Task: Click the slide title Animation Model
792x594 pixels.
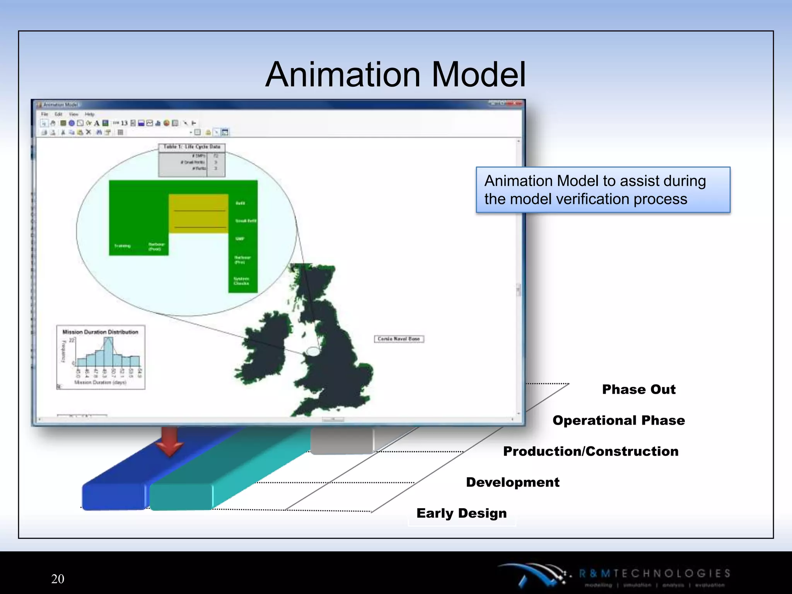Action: (x=395, y=74)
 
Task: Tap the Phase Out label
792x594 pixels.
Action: (x=639, y=389)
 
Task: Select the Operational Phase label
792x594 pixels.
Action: (x=618, y=420)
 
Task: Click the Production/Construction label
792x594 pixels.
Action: (x=591, y=451)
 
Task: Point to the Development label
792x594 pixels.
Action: (x=512, y=482)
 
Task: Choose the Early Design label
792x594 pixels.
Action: (x=461, y=513)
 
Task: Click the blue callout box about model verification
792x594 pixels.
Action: (x=603, y=190)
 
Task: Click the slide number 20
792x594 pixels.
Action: (x=58, y=579)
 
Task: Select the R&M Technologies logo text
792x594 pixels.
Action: (x=654, y=573)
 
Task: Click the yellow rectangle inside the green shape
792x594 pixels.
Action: (x=198, y=213)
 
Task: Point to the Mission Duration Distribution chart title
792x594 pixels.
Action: (x=100, y=332)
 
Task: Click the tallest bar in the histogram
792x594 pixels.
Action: (x=109, y=352)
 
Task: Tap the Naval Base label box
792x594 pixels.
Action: (x=399, y=339)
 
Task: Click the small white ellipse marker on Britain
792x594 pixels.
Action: (x=313, y=351)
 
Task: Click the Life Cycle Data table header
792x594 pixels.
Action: (x=192, y=147)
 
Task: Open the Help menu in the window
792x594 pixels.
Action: (x=89, y=114)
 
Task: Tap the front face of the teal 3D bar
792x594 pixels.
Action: (x=181, y=497)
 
